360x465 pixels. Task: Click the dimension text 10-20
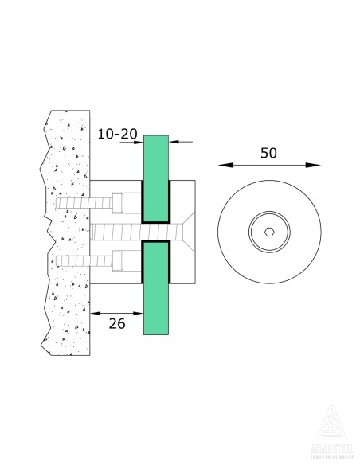point(118,135)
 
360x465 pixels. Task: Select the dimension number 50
point(268,152)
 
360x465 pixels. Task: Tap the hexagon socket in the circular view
point(269,233)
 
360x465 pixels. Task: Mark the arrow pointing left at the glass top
point(174,143)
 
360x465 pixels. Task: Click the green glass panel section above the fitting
point(156,159)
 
